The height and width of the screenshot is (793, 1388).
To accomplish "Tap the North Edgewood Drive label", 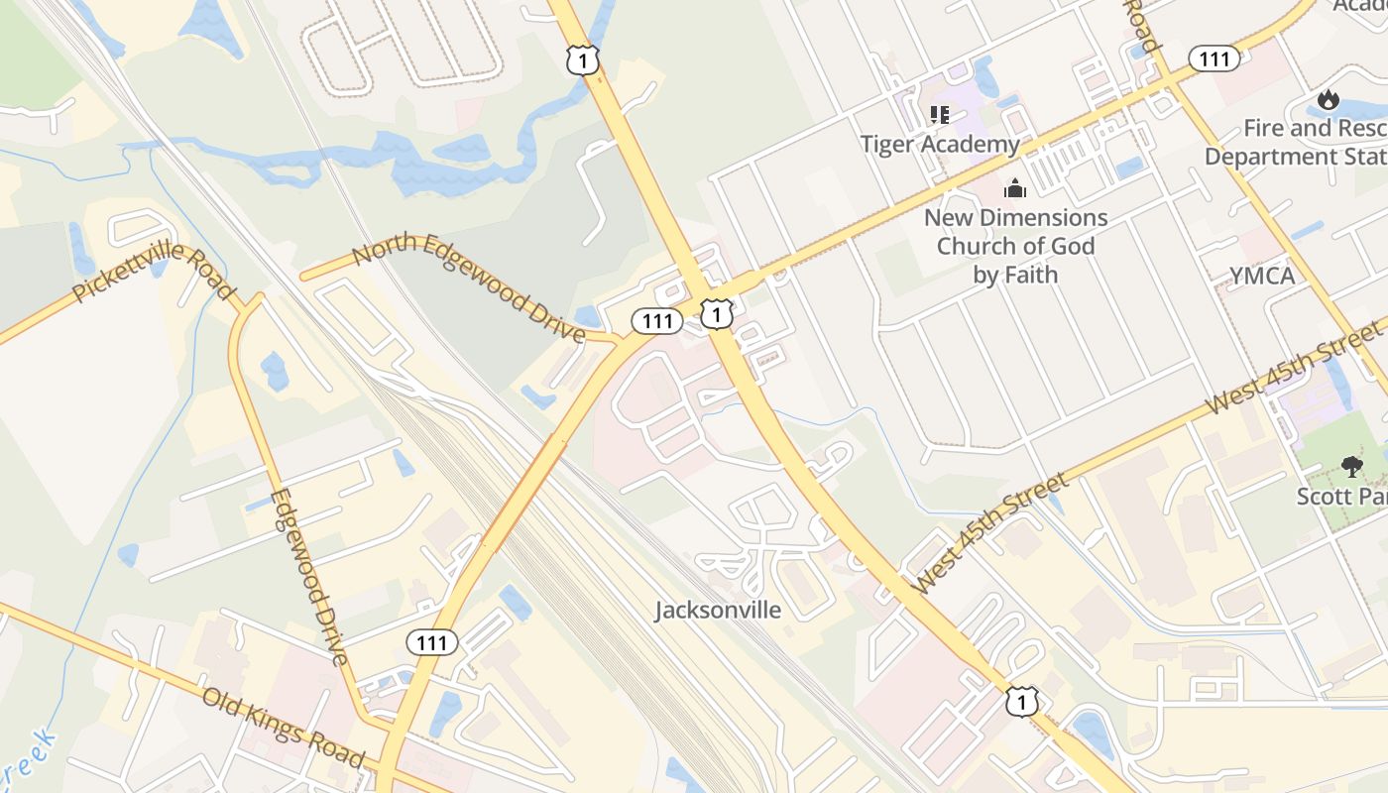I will pos(468,288).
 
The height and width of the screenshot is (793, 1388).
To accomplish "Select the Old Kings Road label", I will pos(284,729).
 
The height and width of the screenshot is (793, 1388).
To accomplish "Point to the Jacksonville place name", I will pos(718,610).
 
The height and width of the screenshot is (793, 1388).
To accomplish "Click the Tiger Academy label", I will pos(940,145).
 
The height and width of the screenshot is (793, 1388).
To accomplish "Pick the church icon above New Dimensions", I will pos(1015,188).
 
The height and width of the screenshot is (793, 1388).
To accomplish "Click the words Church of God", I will pos(1015,246).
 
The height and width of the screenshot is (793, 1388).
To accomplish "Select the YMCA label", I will pos(1262,276).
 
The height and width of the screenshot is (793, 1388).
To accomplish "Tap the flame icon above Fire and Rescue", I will pos(1329,99).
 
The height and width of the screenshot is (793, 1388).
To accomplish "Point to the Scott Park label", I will pos(1341,495).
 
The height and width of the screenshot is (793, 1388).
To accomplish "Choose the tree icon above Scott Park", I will pos(1351,466).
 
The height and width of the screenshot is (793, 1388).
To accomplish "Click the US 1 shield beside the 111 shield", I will pos(717,314).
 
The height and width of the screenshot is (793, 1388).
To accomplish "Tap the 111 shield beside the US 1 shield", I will pos(657,321).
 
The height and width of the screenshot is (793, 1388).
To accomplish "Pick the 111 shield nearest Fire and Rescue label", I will pos(1214,59).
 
